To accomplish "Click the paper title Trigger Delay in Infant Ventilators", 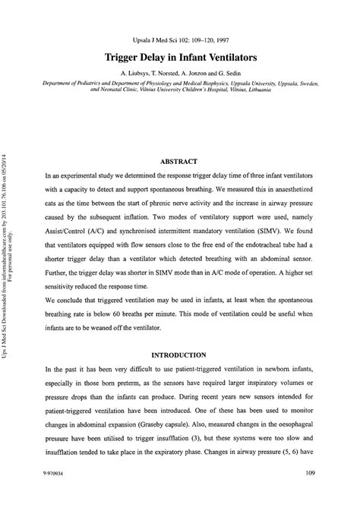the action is [x=179, y=57].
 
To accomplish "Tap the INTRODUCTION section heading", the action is [x=179, y=354].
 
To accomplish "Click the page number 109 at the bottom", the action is [x=309, y=494].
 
